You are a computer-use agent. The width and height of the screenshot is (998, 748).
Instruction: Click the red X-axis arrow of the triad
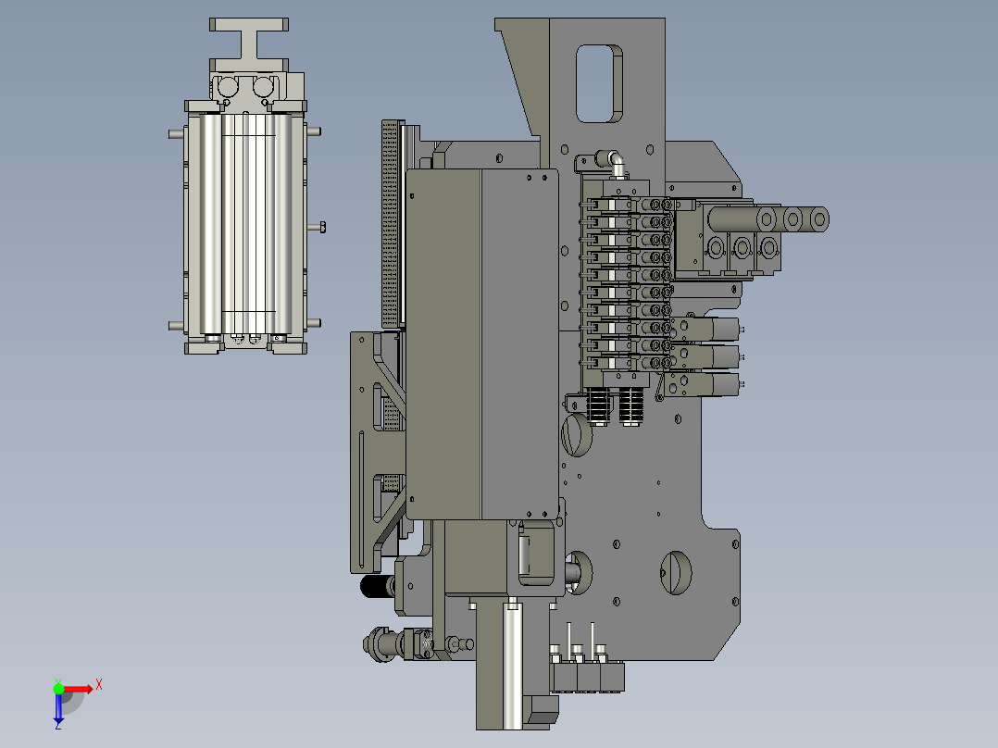(76, 689)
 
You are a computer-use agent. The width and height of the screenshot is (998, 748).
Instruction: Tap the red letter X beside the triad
(99, 685)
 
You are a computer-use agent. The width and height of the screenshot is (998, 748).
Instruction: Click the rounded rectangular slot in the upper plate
(599, 83)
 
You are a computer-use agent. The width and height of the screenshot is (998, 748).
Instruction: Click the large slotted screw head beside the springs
(578, 435)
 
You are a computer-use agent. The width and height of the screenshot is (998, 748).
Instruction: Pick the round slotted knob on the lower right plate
(676, 573)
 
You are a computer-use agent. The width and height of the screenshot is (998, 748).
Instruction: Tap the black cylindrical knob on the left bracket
(377, 586)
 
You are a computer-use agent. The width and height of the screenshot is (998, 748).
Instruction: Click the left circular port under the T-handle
(227, 86)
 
